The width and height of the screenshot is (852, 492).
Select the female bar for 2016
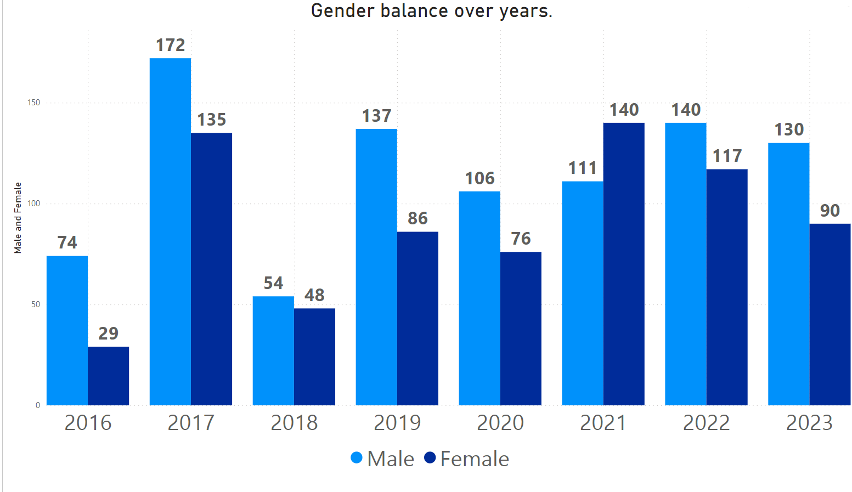108,376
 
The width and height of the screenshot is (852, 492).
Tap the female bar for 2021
624,264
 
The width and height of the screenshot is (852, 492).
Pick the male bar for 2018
273,350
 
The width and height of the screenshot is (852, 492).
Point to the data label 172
170,45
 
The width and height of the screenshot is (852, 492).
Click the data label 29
108,333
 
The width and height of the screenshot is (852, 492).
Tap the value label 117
727,156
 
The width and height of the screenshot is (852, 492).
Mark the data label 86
417,219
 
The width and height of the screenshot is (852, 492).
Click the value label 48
314,296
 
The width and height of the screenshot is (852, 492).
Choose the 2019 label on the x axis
397,423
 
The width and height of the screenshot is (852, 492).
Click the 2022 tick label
706,423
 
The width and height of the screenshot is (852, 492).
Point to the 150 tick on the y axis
33,103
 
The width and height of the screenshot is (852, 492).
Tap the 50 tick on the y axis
36,304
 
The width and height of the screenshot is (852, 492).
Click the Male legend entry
383,459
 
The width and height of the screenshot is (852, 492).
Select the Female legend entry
467,459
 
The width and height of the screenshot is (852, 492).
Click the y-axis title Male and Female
18,218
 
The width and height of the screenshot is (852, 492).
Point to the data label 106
479,178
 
